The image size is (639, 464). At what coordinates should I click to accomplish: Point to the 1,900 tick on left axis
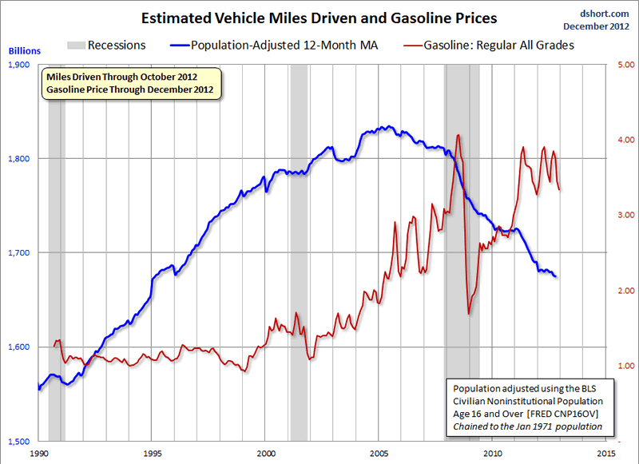tap(19, 65)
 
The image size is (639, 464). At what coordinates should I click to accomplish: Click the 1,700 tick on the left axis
tap(19, 253)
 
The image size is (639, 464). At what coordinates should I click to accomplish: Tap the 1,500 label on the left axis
tap(19, 441)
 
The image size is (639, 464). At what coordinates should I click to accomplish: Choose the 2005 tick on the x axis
tap(379, 453)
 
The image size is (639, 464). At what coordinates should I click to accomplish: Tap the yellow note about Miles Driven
tap(131, 82)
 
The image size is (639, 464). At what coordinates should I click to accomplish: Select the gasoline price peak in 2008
tap(458, 136)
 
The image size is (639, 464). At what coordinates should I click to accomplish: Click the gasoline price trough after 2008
tap(469, 313)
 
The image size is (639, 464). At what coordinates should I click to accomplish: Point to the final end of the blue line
tap(557, 276)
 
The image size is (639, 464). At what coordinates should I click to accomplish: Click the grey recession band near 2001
tap(299, 240)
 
